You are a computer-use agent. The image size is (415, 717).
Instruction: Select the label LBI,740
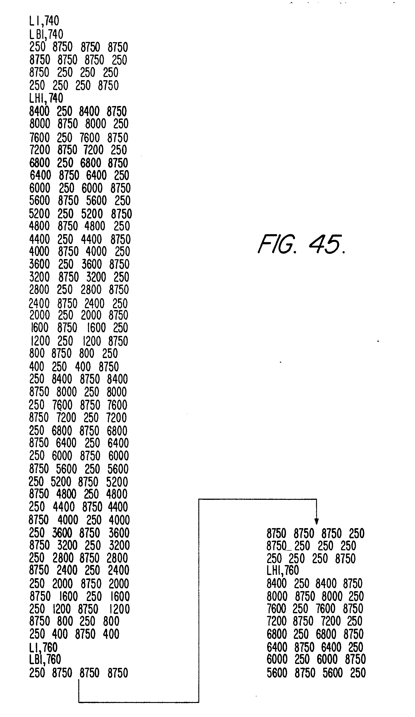tap(46, 34)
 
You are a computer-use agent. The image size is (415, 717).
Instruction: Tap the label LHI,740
tap(46, 98)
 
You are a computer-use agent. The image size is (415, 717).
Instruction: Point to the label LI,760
tap(43, 647)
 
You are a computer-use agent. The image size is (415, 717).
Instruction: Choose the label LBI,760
tap(45, 659)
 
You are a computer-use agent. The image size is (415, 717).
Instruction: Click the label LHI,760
tap(283, 570)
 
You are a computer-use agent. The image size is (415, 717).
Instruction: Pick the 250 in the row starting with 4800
tap(122, 226)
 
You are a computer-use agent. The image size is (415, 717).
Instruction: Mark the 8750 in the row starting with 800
tap(61, 353)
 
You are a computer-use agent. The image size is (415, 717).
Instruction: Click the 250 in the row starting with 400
tap(59, 367)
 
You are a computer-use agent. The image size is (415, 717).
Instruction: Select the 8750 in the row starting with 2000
tap(118, 315)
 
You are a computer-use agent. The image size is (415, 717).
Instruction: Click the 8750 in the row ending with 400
tap(85, 634)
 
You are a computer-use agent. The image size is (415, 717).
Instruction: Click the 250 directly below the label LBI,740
tap(37, 47)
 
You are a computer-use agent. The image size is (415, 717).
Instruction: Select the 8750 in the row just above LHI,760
tap(345, 558)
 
